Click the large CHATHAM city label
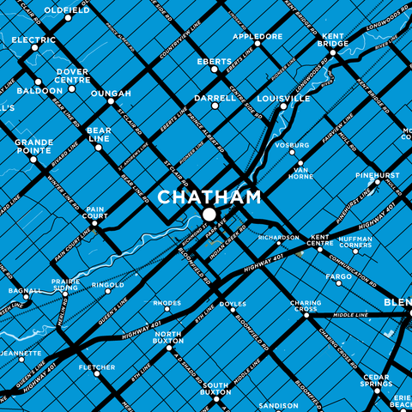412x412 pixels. (x=209, y=197)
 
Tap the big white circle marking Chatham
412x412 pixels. (x=209, y=215)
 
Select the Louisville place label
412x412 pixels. (x=282, y=99)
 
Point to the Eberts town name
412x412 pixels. (x=215, y=62)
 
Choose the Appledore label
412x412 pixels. (x=257, y=37)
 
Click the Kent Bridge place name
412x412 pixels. (x=333, y=39)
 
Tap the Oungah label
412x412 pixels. (x=111, y=93)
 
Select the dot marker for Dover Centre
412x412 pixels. (x=72, y=88)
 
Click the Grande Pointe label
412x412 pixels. (x=34, y=147)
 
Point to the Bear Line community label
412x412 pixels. (x=99, y=135)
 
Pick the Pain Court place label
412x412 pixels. (x=95, y=213)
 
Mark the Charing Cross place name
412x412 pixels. (x=305, y=306)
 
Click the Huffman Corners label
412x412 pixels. (x=354, y=243)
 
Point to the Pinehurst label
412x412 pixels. (x=378, y=175)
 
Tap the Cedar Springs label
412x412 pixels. (x=376, y=380)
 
